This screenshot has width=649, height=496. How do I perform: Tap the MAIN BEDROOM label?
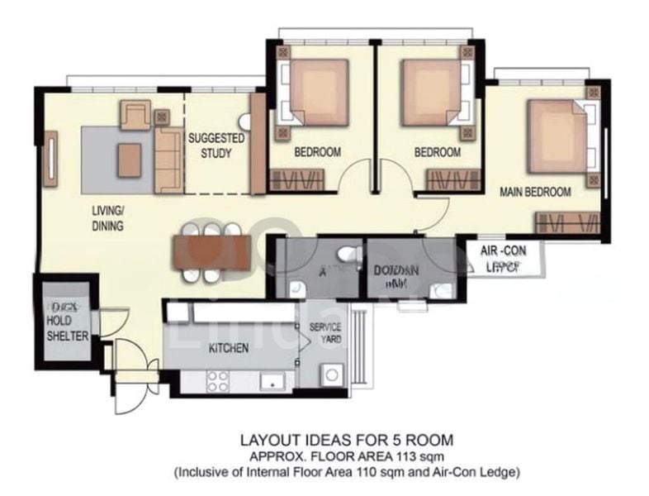point(536,192)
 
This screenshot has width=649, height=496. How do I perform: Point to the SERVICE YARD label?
point(325,333)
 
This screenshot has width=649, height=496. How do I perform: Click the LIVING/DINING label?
point(107,218)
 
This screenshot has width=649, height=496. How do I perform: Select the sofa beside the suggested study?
point(168,160)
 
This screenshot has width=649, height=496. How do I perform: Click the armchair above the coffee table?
point(134,115)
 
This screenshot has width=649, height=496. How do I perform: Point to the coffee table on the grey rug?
point(130,160)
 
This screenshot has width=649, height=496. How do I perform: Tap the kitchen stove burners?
point(217,381)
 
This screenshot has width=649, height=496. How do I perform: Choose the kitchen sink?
point(270,381)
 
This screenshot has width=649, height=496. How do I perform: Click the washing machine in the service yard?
point(334,374)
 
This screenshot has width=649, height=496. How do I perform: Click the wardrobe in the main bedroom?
point(566,221)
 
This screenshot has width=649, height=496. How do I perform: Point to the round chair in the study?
point(245,121)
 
